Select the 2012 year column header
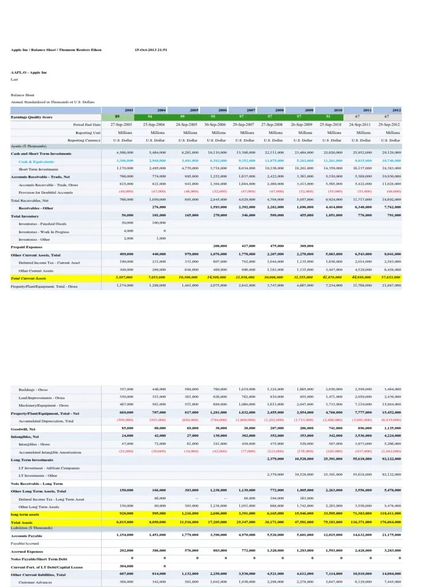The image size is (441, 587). (396, 109)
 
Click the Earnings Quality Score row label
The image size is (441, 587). (31, 116)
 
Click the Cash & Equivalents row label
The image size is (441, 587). (33, 162)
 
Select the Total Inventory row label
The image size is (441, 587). (25, 215)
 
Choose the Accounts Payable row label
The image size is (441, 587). (27, 535)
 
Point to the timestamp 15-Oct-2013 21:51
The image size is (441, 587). (150, 50)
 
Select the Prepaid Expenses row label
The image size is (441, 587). (26, 246)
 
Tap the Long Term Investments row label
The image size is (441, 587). (32, 459)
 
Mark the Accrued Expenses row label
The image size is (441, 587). (26, 551)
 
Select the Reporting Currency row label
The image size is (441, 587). (84, 140)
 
